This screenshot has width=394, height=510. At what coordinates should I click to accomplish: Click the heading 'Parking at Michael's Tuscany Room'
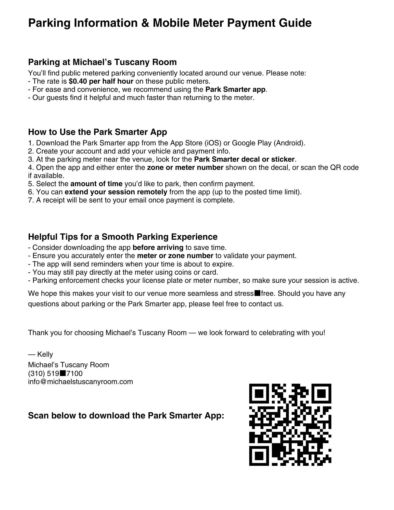point(102,62)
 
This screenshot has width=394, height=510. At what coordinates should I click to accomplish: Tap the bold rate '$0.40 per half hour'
point(101,81)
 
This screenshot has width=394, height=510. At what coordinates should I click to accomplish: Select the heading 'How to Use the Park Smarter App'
point(97,132)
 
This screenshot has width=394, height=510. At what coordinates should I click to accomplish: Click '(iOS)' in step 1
point(213,143)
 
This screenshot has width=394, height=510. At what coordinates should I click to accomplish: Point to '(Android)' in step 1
point(289,143)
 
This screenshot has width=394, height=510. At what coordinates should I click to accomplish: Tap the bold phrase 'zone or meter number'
point(185,168)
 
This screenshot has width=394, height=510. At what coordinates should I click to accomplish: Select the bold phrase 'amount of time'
point(96,184)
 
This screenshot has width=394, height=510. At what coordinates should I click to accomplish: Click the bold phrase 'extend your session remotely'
point(116,192)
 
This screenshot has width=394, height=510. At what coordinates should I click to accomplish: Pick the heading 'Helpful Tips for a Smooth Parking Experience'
point(123,237)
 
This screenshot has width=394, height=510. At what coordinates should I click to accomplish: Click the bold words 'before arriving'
point(158,248)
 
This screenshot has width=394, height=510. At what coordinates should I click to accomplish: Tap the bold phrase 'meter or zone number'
point(175,256)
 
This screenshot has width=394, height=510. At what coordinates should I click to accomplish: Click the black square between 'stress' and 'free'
point(257,293)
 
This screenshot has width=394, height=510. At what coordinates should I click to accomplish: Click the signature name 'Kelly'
point(45,354)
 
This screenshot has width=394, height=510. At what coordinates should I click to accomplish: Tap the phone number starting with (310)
point(55,374)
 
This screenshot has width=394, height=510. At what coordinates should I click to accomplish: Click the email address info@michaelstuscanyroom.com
point(80,382)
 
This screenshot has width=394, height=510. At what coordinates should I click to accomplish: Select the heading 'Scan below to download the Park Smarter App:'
point(126,415)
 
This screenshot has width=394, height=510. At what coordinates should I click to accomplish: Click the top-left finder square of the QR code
point(259,394)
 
